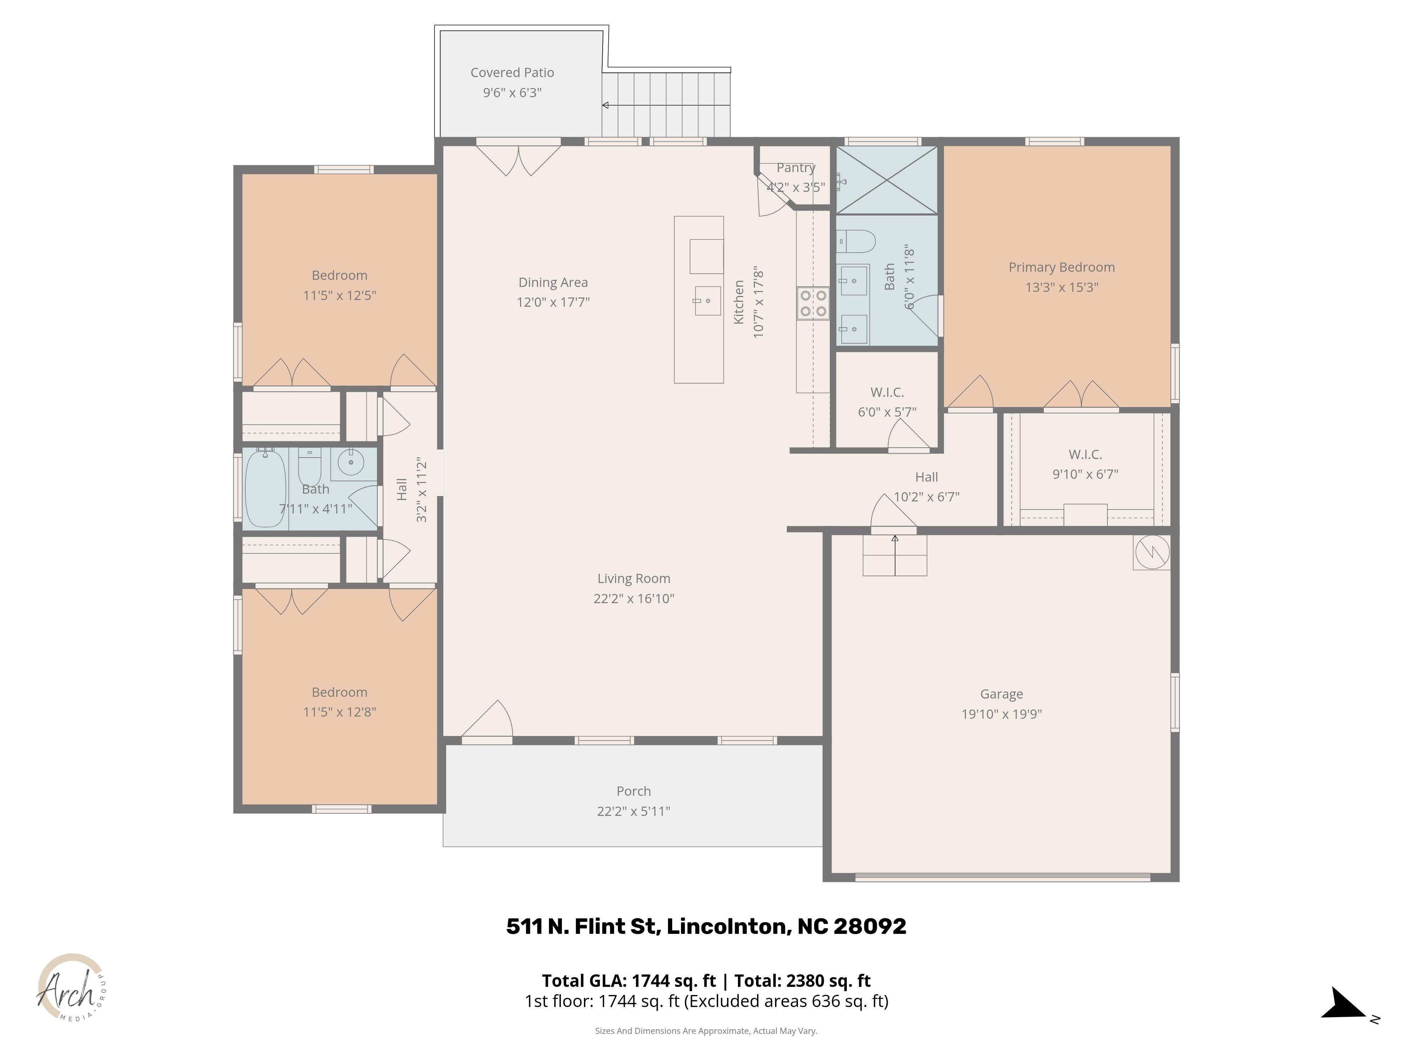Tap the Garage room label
coord(1001,694)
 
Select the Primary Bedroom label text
coord(1062,267)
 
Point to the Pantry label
coord(796,167)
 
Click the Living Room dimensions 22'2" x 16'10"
coord(634,599)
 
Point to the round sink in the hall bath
coord(351,462)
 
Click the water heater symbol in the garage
coord(1152,552)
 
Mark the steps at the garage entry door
coord(895,555)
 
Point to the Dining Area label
coord(553,282)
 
